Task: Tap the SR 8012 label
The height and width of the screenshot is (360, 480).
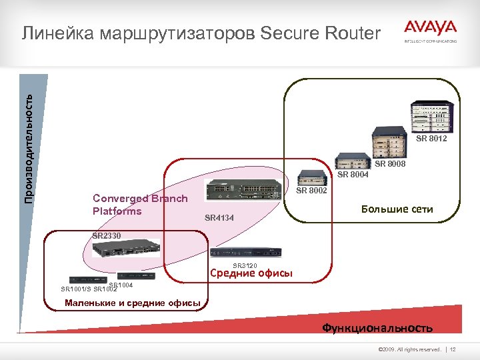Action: (431, 139)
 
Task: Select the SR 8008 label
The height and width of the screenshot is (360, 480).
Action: (390, 164)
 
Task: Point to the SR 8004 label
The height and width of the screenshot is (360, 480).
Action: (353, 175)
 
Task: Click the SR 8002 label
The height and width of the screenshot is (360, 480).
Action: (311, 191)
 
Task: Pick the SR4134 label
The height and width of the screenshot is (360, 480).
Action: (219, 217)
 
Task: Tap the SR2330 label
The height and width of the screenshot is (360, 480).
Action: (107, 236)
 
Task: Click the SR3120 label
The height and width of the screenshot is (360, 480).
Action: (245, 265)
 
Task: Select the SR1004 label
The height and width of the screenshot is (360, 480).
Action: (121, 285)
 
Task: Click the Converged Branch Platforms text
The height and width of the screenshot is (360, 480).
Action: (140, 205)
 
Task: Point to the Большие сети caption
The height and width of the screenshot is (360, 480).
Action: (397, 209)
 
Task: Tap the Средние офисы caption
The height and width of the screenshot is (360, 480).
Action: (251, 273)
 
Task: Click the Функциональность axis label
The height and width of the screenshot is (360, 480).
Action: (377, 327)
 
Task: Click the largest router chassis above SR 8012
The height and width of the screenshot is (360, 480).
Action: (432, 117)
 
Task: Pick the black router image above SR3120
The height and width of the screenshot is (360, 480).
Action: (245, 253)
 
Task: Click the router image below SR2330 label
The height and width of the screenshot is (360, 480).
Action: (126, 249)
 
